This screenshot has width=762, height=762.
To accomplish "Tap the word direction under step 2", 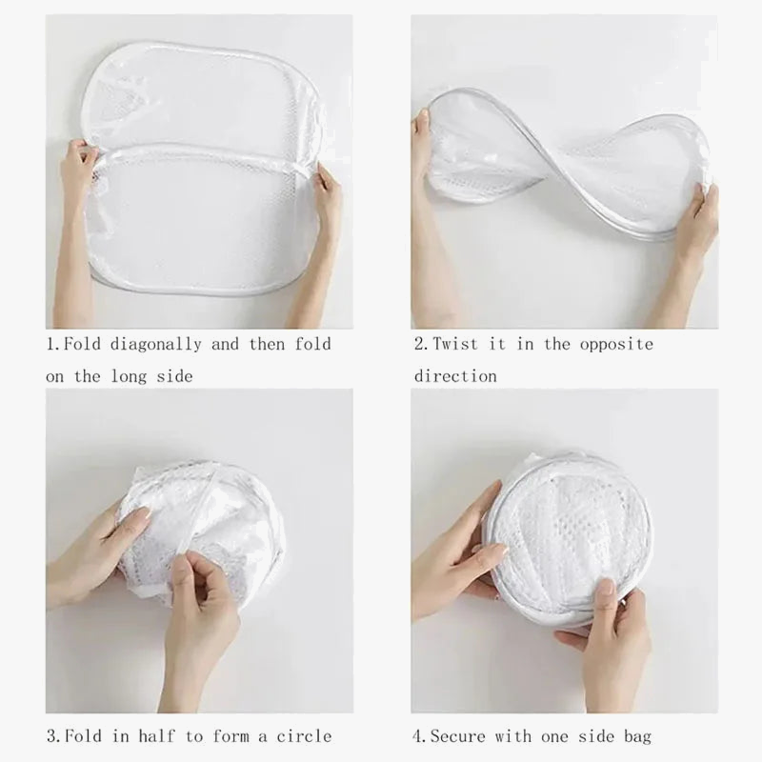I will [455, 376].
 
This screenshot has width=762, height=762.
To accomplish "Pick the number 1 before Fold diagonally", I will [50, 344].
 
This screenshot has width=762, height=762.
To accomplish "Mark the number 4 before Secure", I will [417, 735].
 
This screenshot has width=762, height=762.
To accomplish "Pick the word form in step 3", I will [247, 735].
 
